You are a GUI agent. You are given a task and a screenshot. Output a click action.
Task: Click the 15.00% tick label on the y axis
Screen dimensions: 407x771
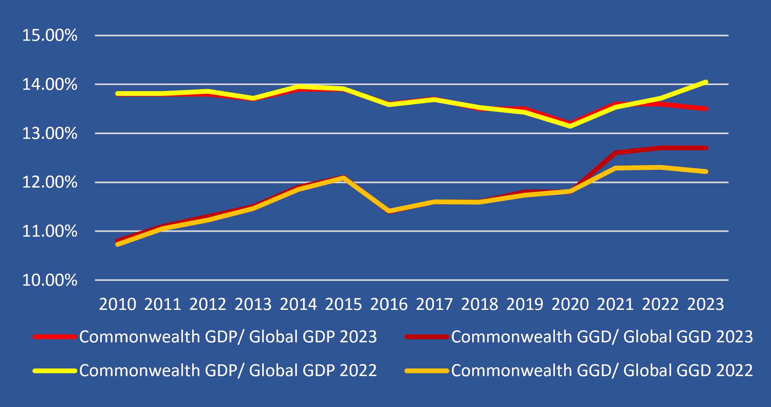point(50,35)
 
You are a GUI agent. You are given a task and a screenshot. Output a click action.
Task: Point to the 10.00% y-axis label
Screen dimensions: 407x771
point(50,280)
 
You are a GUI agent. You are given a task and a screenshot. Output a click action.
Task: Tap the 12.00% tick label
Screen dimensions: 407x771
point(50,182)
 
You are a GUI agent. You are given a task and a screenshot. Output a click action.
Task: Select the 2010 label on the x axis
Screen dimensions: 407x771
point(117,304)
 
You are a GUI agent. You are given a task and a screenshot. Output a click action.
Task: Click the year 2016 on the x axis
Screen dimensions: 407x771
point(389,304)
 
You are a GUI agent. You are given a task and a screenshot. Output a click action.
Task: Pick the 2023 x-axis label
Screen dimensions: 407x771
point(705,304)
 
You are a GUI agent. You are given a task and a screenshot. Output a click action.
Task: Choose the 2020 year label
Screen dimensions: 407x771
point(570,304)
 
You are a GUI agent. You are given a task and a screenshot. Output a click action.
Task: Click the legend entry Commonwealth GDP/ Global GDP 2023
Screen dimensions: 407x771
point(228,337)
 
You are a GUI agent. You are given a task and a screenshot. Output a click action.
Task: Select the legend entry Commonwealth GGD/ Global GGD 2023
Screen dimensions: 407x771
point(602,337)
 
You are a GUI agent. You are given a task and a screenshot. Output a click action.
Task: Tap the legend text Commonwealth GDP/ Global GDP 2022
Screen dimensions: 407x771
point(228,370)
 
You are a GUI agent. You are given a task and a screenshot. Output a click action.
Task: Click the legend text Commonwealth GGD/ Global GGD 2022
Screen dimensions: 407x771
point(602,370)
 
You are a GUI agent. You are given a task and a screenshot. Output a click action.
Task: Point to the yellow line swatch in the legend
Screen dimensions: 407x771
point(55,371)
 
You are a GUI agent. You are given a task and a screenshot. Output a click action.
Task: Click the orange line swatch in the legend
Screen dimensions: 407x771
point(426,371)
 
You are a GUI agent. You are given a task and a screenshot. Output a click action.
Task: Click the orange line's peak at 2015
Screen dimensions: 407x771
point(344,179)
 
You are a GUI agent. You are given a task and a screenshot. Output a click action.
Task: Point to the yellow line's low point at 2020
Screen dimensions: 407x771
point(570,126)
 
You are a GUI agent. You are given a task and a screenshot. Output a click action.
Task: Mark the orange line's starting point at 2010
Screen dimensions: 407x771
point(117,244)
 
